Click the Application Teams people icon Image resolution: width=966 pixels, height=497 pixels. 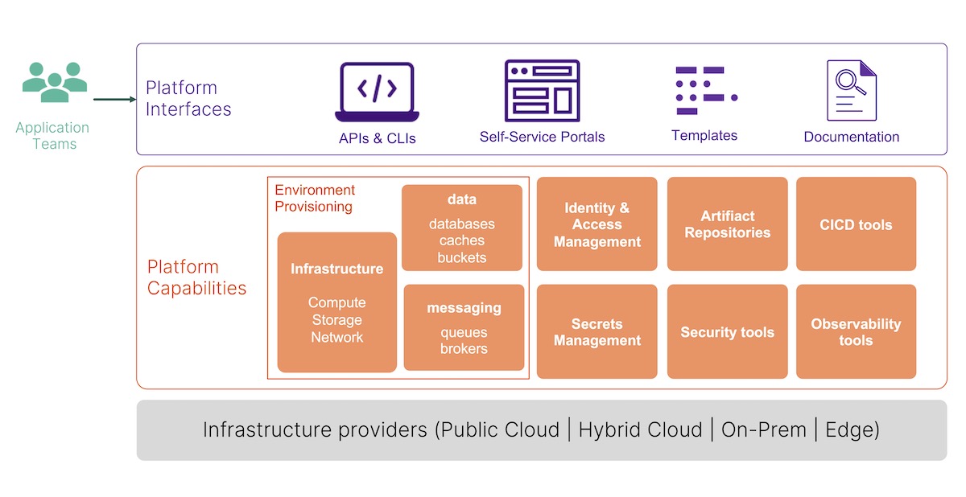54,82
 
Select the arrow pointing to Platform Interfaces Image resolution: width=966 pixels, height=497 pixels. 114,100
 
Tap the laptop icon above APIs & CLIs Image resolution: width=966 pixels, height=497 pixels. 377,92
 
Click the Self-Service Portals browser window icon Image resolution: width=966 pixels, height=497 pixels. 542,90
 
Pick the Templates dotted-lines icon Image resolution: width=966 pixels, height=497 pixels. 705,90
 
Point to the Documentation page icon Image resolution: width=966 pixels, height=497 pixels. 851,90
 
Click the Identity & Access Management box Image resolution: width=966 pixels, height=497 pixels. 597,224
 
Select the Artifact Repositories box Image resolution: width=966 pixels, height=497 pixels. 727,224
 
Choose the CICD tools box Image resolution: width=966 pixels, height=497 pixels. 856,224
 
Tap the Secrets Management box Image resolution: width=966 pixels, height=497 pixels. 597,331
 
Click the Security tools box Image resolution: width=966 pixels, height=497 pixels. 727,331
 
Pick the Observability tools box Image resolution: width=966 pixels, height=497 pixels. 856,331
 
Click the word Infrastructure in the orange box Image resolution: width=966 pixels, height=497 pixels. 336,269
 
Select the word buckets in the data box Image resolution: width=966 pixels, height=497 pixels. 462,258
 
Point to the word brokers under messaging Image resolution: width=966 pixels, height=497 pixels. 464,349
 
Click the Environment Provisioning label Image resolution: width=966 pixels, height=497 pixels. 315,199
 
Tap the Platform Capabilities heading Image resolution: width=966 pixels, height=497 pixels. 196,277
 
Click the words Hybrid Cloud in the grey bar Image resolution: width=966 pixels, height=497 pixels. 640,430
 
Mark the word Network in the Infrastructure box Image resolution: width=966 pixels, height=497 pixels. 336,338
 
